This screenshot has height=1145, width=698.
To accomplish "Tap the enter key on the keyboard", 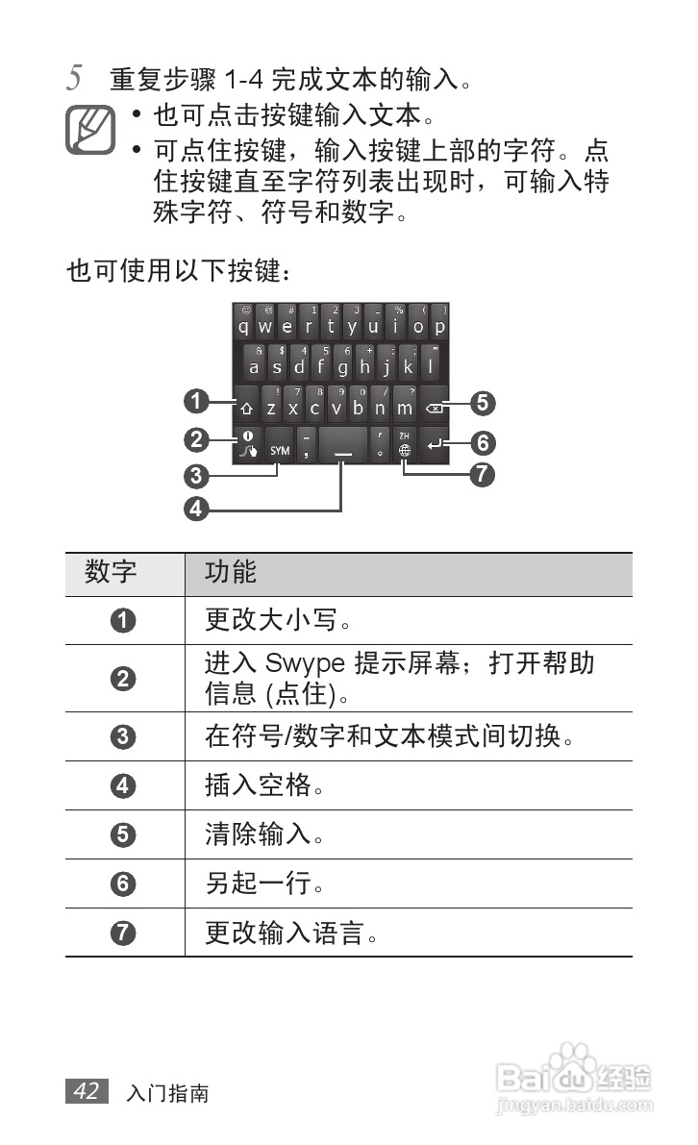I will point(435,445).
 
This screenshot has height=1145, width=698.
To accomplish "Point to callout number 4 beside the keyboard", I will point(196,509).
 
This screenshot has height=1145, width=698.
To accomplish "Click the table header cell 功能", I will point(231,573).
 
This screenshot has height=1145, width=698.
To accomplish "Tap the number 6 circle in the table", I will point(124,884).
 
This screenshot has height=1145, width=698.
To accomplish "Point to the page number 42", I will point(87,1090).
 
